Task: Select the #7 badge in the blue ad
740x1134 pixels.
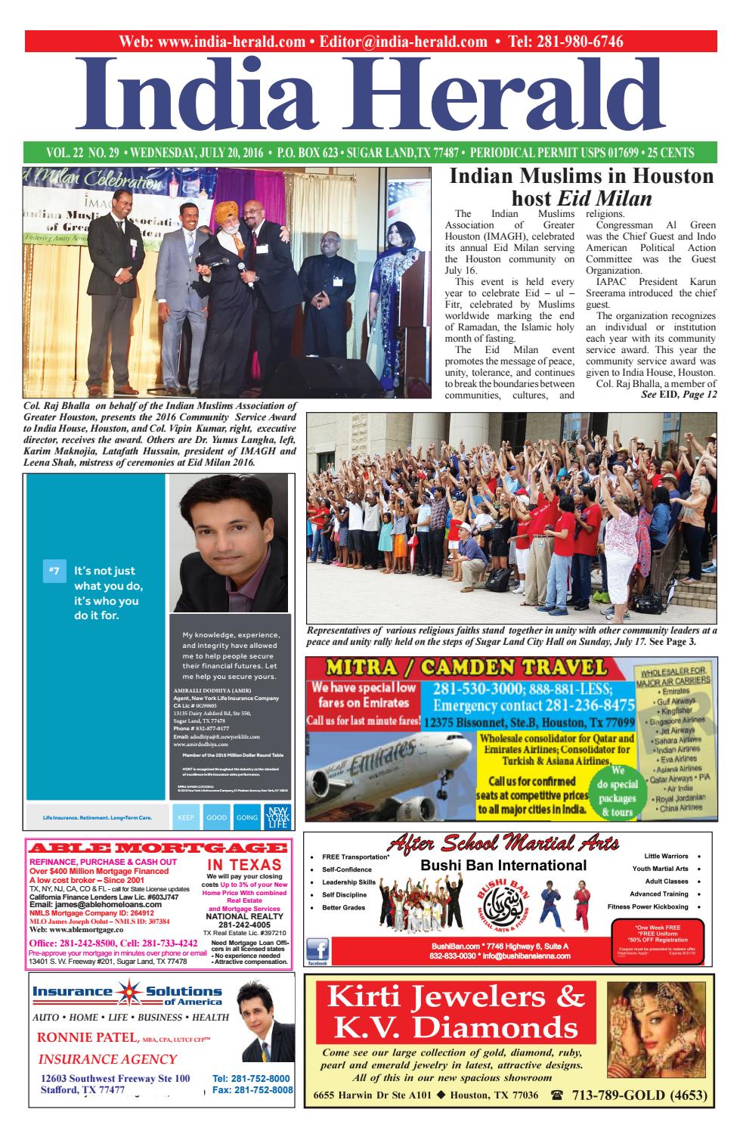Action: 54,571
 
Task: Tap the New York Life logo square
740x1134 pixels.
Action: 274,817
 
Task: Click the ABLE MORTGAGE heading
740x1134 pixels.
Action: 157,847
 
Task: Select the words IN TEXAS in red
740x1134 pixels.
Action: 244,865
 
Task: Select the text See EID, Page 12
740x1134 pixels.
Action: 678,395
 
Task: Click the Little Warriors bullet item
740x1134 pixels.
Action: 666,857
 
